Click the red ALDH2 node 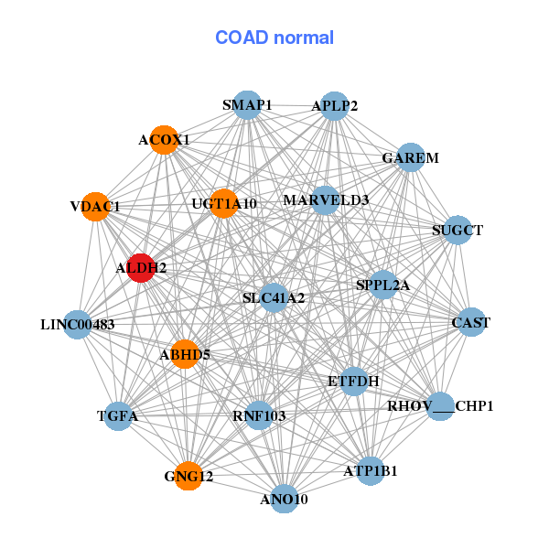[140, 268]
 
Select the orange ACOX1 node [164, 140]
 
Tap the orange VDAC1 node [95, 206]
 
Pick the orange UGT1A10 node [224, 202]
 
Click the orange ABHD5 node [185, 354]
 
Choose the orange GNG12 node [189, 476]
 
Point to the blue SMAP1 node [247, 105]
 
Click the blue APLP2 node [334, 106]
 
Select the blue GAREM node [411, 157]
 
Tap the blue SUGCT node [457, 231]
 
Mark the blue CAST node [471, 322]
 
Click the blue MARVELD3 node [326, 199]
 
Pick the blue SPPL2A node [382, 285]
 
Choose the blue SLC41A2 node [274, 297]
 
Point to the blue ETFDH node [354, 380]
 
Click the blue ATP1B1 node [371, 471]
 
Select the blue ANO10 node [285, 499]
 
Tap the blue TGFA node [118, 416]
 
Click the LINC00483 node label [77, 324]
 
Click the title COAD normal [274, 38]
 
